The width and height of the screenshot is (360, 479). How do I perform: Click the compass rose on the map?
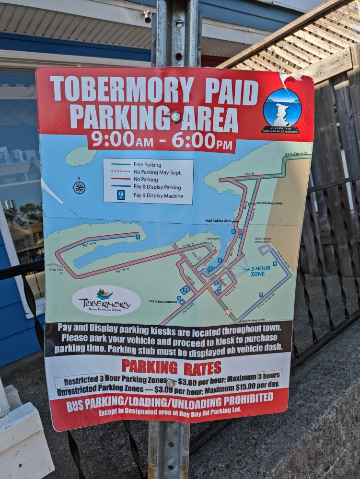[79, 187]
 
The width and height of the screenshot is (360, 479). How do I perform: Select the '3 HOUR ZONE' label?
[260, 271]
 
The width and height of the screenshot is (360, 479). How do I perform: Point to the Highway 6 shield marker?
[228, 311]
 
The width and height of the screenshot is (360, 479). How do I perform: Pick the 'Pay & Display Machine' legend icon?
[121, 195]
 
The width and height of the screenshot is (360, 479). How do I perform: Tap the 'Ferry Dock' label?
[212, 239]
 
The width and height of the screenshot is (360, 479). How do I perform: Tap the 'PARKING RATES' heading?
[171, 367]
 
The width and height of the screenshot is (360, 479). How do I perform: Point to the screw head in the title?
[176, 117]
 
